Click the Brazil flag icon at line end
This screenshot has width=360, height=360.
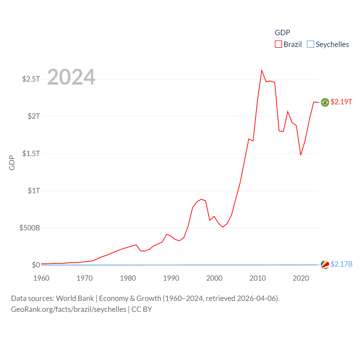coord(325,102)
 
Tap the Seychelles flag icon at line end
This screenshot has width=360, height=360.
coord(325,265)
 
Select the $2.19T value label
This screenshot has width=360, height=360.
coord(341,102)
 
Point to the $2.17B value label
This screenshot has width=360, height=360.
coord(341,264)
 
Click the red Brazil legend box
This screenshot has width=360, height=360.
coord(278,44)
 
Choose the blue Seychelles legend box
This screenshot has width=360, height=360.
coord(310,44)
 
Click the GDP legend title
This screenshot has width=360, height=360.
coord(282,33)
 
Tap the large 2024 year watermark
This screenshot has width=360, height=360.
coord(71,77)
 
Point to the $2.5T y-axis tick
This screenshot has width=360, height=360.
coord(31,79)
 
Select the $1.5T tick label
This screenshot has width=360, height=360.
coord(31,154)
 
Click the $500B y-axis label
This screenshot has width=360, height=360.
coord(30,228)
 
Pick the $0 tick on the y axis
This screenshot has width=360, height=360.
coord(36,265)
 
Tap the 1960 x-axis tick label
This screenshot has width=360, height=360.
coord(41,278)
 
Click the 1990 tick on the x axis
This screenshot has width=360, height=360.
coord(171,278)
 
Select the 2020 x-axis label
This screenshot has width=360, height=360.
coord(301,278)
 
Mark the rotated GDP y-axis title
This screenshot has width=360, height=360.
coord(12,163)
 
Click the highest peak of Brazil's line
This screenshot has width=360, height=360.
coord(262,70)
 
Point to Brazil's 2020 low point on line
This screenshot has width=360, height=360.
coord(301,155)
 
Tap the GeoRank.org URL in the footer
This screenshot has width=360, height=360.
coord(69,309)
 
